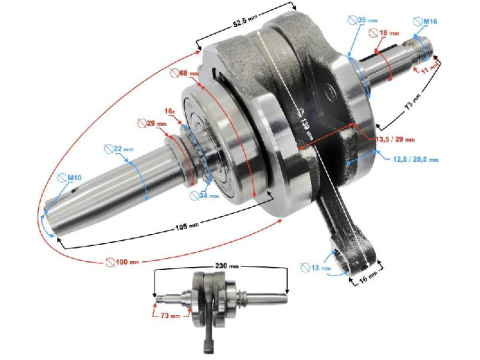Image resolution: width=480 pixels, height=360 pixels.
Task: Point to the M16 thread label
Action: (x=426, y=21)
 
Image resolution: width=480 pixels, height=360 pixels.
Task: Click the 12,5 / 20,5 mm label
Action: (x=413, y=159)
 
